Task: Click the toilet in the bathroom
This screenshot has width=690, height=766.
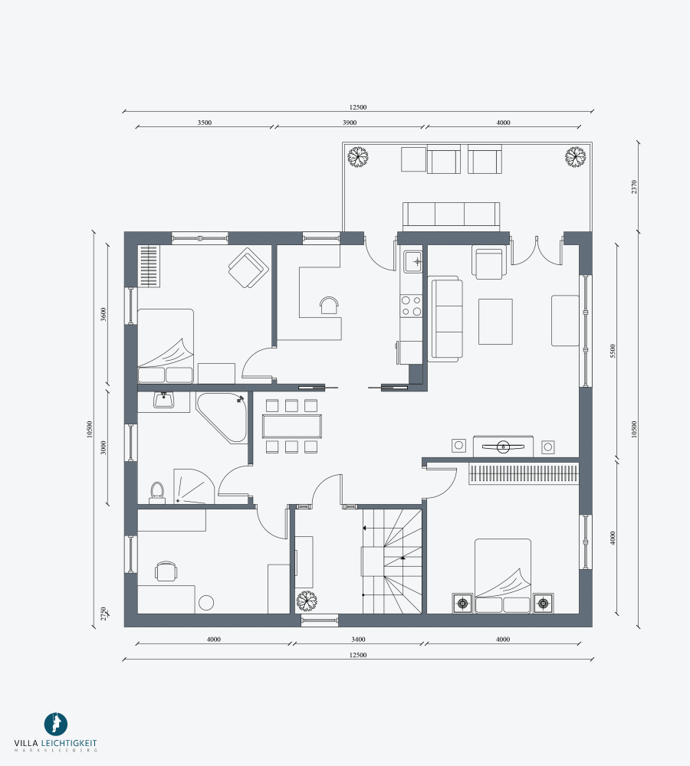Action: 157,493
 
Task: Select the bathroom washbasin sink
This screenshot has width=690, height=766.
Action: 163,400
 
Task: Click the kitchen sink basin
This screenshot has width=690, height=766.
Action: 412,262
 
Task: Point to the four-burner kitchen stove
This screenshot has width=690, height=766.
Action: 411,306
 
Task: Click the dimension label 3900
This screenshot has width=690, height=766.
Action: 349,123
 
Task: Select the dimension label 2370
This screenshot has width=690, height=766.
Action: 634,187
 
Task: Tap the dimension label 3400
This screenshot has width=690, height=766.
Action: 358,639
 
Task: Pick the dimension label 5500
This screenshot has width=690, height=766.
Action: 613,351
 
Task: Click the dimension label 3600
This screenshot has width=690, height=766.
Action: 103,314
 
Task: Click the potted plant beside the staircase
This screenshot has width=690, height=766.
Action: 307,601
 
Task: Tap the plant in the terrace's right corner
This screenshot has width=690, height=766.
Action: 575,157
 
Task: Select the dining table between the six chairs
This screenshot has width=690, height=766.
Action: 292,426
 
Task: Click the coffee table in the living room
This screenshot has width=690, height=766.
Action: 495,322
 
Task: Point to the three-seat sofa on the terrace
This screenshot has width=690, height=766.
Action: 452,217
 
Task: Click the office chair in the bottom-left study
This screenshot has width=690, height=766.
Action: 166,571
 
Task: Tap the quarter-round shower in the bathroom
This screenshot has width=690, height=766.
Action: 194,486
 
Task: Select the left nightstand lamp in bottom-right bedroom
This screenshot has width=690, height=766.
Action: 462,604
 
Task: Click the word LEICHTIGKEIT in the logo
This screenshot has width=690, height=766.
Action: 69,742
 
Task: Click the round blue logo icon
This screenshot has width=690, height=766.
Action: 56,724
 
